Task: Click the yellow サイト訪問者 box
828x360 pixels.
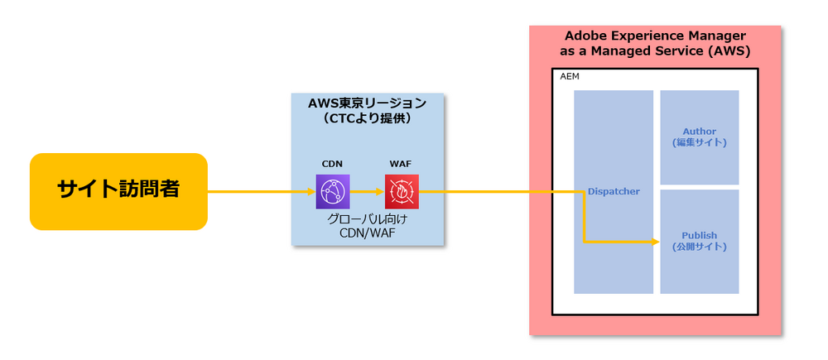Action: (x=118, y=190)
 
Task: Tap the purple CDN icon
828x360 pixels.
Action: (x=332, y=191)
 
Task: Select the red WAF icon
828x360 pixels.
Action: (x=402, y=191)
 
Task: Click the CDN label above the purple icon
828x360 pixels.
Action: (x=332, y=164)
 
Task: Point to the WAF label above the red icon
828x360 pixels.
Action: (x=402, y=164)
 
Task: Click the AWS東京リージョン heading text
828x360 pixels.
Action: (x=368, y=103)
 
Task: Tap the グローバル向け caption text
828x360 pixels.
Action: (x=367, y=219)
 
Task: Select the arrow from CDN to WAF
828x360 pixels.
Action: (x=367, y=191)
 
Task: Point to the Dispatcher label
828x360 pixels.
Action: (x=614, y=191)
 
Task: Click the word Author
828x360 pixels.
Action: (x=699, y=132)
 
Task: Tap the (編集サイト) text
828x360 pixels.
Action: (x=699, y=142)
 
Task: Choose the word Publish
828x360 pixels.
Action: (x=699, y=235)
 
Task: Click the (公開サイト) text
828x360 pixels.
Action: (x=699, y=247)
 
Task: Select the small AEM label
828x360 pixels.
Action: (x=569, y=76)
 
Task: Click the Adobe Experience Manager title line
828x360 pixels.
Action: (x=655, y=36)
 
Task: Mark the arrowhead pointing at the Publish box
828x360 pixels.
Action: (x=656, y=242)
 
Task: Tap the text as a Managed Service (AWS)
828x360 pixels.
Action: (x=655, y=51)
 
